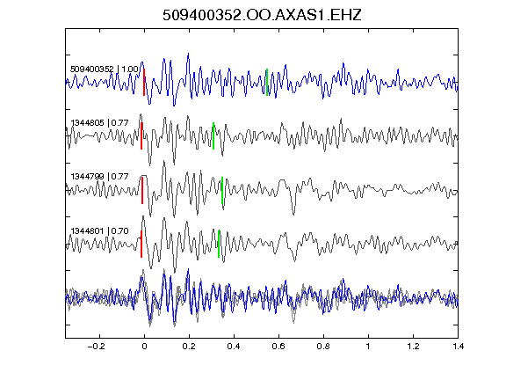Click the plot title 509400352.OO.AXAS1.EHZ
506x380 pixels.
[262, 15]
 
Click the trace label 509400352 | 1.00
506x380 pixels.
[105, 69]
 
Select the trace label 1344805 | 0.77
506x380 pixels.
[100, 123]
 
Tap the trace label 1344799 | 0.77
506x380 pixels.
[100, 177]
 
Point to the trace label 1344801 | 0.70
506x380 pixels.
[100, 231]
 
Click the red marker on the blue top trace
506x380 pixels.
[144, 82]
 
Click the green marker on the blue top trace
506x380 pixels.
[267, 82]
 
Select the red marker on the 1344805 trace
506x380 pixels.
[141, 135]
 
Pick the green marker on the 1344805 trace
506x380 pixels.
[213, 135]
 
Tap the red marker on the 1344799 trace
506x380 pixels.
[142, 190]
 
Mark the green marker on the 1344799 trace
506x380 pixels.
[222, 190]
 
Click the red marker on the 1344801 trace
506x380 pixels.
[141, 244]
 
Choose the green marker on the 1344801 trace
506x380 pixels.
[219, 244]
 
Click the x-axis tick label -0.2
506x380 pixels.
[96, 347]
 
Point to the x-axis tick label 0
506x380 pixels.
[144, 347]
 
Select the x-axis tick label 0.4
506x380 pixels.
[234, 347]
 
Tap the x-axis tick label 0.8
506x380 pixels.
[323, 347]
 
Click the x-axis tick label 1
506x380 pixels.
[368, 347]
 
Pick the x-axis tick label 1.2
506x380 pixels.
[413, 347]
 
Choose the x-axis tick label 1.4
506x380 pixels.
[458, 347]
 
